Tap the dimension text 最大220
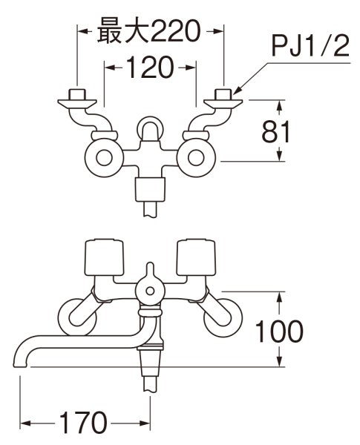click(151, 31)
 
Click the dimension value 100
click(278, 331)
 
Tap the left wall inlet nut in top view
click(76, 96)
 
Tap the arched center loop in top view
click(151, 128)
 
